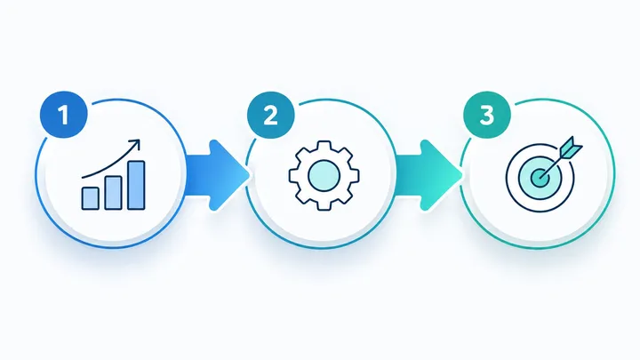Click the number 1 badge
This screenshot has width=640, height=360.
64,115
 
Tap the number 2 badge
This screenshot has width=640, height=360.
270,115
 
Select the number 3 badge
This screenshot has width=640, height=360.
487,115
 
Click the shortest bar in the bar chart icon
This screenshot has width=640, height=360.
90,198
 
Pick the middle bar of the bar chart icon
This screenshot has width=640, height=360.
113,193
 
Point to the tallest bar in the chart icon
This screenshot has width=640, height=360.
136,185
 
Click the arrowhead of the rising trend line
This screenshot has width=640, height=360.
135,144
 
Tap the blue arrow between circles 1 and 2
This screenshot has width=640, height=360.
217,175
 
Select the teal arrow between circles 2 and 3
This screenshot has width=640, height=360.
428,175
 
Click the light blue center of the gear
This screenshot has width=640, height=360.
324,175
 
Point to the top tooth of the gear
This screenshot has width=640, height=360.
324,146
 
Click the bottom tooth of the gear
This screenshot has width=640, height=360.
324,205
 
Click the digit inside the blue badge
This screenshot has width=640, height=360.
64,115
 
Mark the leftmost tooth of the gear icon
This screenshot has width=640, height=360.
295,175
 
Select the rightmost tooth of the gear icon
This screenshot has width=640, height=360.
354,175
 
